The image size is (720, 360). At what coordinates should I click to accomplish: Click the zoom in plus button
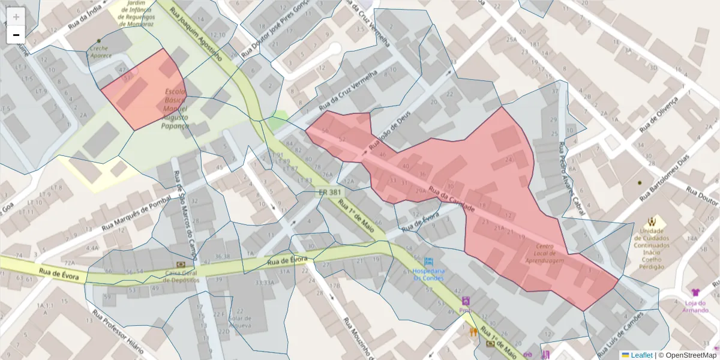[16, 17]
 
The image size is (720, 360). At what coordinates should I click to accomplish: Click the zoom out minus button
[16, 35]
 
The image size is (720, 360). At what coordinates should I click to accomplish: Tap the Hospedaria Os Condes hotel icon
[428, 262]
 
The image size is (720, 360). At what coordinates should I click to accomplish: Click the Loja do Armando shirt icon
[695, 292]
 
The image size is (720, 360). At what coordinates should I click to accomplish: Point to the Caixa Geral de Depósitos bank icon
[180, 264]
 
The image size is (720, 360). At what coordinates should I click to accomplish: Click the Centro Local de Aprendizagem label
[545, 253]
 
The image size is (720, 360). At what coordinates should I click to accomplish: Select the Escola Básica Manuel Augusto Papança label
[176, 108]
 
